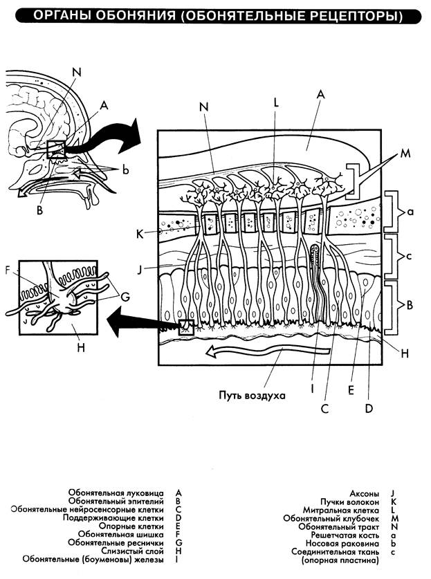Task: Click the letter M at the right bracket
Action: pyautogui.click(x=404, y=156)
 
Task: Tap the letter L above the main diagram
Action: pyautogui.click(x=275, y=101)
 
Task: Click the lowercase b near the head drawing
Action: pyautogui.click(x=125, y=169)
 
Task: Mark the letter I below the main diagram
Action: pyautogui.click(x=312, y=389)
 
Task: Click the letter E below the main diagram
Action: pyautogui.click(x=351, y=389)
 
